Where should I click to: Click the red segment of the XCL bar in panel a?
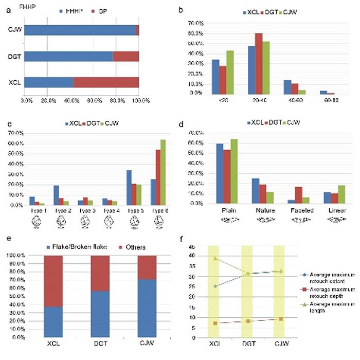(106, 82)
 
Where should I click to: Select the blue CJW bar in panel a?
(80, 31)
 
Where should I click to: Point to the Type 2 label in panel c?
(59, 211)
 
